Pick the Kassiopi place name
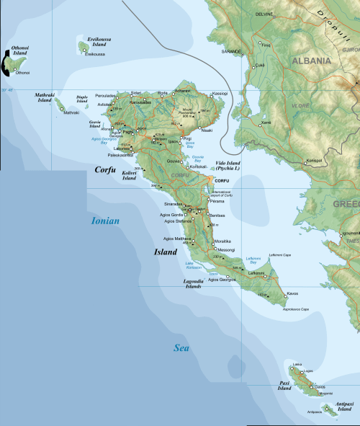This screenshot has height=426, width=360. point(220,93)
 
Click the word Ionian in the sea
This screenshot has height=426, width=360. point(105,221)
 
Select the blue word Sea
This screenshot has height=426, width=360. point(181,348)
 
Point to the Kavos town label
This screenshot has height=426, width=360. point(292,294)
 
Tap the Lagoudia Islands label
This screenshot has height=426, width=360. point(193,284)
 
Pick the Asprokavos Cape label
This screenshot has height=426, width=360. point(295,309)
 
